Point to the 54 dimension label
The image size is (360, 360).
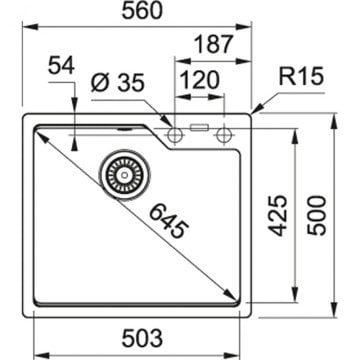click(x=61, y=65)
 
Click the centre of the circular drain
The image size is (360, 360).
click(x=121, y=174)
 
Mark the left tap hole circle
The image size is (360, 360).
click(x=175, y=132)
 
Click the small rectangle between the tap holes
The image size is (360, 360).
click(x=198, y=129)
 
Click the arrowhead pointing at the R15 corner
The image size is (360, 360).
click(x=255, y=113)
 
